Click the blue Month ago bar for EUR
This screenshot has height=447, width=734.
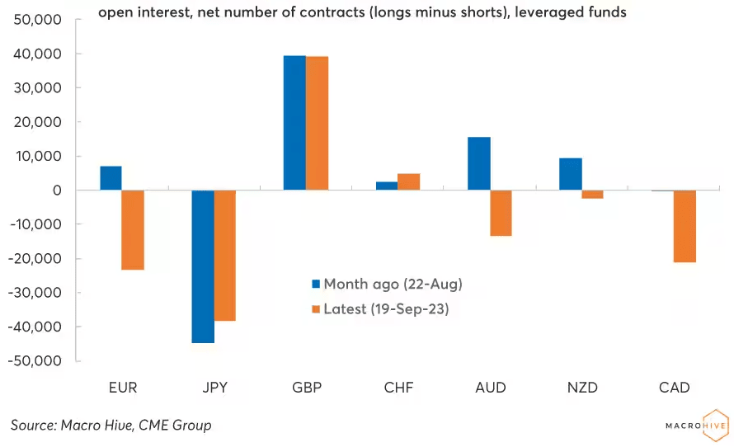pos(111,178)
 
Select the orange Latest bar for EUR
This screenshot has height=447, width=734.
pos(133,230)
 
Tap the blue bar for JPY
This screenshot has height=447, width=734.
pos(203,266)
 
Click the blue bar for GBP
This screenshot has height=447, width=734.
pos(294,123)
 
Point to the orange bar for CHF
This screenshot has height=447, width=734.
pos(409,181)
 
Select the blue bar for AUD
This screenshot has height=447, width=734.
pos(479,163)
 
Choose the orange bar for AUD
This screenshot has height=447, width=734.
pos(501,213)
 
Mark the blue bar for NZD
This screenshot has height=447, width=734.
pos(571,174)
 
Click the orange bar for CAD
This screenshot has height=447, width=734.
pos(685,226)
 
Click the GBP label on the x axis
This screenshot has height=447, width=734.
pos(306,387)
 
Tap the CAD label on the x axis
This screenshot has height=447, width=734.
pos(674,387)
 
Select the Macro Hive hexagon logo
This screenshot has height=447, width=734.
pos(713,424)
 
